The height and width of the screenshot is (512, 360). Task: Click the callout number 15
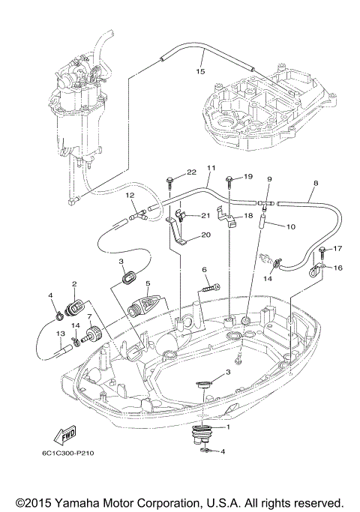[x=199, y=72]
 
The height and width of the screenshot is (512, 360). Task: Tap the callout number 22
[x=170, y=172]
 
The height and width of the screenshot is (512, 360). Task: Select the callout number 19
[x=248, y=176]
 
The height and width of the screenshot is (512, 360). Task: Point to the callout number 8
[x=315, y=183]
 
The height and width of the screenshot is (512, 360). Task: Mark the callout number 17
[x=337, y=249]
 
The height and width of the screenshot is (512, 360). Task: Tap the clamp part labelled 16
[x=316, y=266]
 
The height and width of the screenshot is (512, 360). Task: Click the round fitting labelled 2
[x=75, y=308]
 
